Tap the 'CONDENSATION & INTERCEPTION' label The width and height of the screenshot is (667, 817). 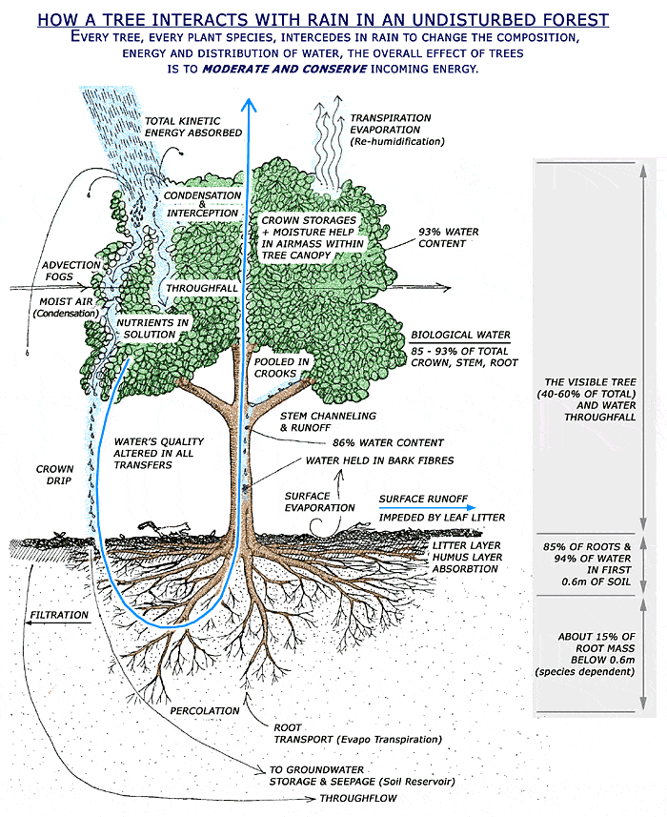click(x=202, y=202)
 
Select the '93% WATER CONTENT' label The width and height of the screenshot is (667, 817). click(x=449, y=237)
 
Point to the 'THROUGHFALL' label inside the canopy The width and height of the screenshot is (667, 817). click(x=197, y=287)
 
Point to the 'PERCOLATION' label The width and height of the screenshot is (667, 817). click(x=206, y=711)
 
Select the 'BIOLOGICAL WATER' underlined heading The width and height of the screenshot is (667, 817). click(x=460, y=337)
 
